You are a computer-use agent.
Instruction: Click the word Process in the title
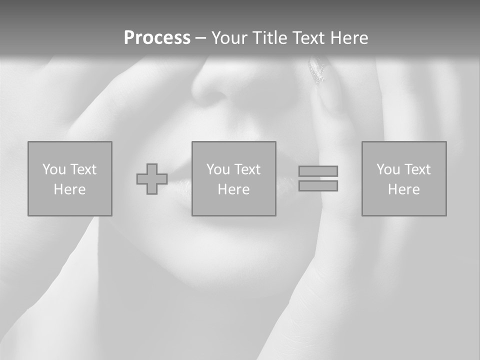click(x=157, y=38)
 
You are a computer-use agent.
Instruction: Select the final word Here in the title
click(x=349, y=38)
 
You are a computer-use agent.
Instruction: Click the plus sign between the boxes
click(x=152, y=179)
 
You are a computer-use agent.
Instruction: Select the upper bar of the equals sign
click(x=318, y=171)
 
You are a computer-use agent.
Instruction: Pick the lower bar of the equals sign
click(x=318, y=185)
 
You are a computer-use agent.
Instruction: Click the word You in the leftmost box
click(x=54, y=169)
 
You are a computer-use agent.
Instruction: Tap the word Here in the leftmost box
click(x=69, y=189)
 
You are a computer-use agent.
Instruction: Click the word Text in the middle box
click(x=247, y=169)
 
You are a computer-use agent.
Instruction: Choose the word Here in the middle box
click(x=233, y=189)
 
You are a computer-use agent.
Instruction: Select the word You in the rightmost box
click(x=388, y=169)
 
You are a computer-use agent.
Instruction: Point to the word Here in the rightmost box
click(x=403, y=189)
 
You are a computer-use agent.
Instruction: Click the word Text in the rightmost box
click(x=417, y=169)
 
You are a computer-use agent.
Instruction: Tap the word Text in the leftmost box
click(x=83, y=169)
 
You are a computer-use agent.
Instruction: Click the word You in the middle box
click(x=218, y=169)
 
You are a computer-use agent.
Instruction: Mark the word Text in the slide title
click(x=307, y=38)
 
